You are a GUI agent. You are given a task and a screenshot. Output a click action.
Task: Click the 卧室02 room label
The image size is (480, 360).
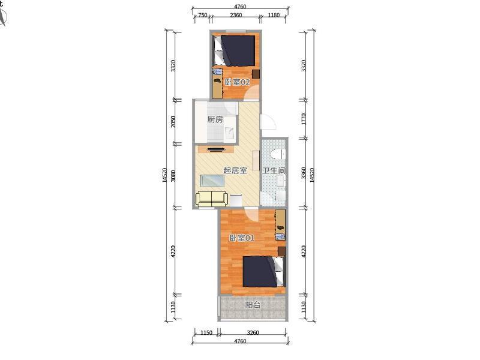[x=238, y=82]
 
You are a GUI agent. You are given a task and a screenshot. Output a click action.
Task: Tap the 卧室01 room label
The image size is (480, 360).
[x=242, y=238]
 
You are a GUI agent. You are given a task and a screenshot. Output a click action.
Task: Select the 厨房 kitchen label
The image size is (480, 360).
[x=215, y=119]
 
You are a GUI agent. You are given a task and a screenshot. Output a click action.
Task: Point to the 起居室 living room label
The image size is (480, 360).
[x=235, y=170]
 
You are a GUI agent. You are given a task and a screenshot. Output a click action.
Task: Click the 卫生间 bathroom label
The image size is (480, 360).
[x=274, y=170]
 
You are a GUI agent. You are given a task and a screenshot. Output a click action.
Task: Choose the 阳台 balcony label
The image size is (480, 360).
[x=253, y=305]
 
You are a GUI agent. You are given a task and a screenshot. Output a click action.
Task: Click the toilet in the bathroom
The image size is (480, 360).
[x=278, y=154]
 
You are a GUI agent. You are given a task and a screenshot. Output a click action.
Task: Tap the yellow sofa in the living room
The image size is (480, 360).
[x=212, y=199]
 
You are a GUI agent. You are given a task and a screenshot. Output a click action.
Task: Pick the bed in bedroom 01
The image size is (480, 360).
[x=264, y=272]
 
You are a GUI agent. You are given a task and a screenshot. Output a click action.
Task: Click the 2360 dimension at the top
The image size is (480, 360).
[x=236, y=15]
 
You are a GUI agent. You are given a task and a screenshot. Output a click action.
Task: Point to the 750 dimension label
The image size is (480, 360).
[x=203, y=15]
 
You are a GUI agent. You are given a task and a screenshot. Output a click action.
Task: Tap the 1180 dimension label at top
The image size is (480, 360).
[x=274, y=15]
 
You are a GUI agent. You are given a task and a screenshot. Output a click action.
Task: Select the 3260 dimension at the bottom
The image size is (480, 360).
[x=253, y=333]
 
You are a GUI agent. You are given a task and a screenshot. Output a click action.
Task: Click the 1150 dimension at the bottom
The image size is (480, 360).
[x=206, y=333]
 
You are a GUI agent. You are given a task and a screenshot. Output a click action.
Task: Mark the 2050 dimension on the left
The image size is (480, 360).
[x=173, y=122]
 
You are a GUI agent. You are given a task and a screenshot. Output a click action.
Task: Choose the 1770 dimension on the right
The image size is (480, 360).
[x=304, y=119]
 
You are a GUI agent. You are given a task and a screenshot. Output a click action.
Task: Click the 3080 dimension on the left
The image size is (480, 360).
[x=173, y=176]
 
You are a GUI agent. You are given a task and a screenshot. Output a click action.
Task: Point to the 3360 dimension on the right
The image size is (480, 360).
[x=304, y=173]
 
